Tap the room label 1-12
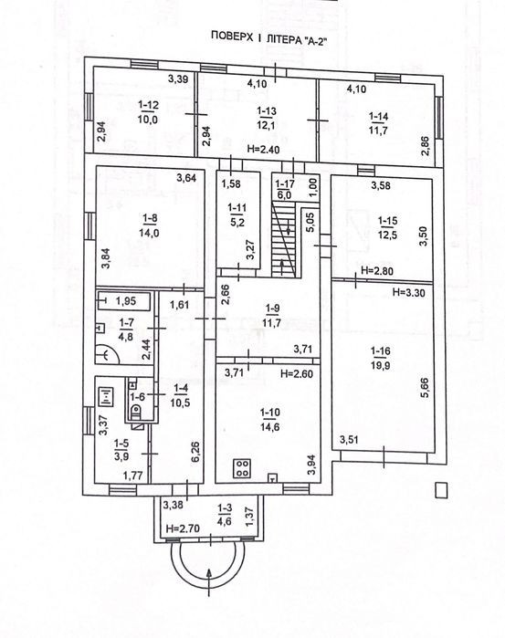pos(148,105)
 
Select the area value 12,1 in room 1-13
pos(267,125)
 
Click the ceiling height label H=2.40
pos(263,150)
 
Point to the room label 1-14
pos(378,116)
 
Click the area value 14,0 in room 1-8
pos(149,233)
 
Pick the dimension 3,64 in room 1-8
pos(186,178)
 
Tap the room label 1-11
pos(237,207)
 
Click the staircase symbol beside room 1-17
pos(283,240)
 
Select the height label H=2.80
pos(377,270)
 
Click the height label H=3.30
pos(409,292)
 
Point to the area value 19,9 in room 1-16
pos(380,365)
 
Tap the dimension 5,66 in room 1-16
pos(425,388)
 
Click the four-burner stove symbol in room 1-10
pos(243,468)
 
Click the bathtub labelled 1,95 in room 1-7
pos(123,301)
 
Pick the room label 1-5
pos(121,443)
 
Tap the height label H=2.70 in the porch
pos(184,528)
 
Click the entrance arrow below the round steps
pos(210,582)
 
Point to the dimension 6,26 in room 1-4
pos(195,453)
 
